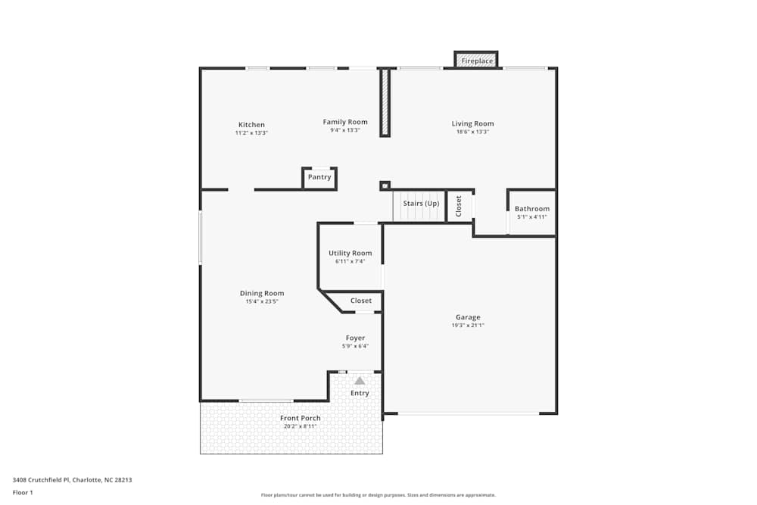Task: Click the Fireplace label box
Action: point(476,61)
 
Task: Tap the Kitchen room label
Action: point(251,125)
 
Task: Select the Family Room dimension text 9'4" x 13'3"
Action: point(345,130)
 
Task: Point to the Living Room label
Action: point(472,123)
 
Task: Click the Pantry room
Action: point(319,177)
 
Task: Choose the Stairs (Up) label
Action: point(420,204)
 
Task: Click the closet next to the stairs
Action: point(459,205)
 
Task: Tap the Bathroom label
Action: point(531,209)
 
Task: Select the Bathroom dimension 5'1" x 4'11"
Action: point(531,217)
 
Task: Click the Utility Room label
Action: point(350,253)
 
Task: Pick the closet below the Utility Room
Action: point(361,301)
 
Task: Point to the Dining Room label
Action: point(262,293)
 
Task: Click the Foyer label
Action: point(355,338)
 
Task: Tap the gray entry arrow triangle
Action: point(360,381)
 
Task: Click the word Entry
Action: point(360,393)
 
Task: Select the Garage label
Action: point(468,317)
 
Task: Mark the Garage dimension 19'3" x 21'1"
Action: point(468,326)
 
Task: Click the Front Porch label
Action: point(300,418)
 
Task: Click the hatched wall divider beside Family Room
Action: point(385,102)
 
